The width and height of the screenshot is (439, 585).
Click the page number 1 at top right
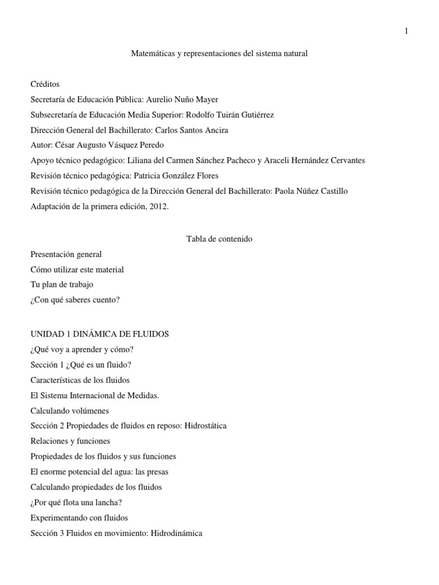[406, 31]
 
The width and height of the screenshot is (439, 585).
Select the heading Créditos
[45, 84]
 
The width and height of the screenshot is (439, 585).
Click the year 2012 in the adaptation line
[158, 207]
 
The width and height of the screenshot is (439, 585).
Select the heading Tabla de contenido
[219, 239]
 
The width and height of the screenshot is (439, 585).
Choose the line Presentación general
[66, 254]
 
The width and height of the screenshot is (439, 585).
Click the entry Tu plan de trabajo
[62, 285]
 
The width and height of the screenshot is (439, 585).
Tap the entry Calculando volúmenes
[69, 410]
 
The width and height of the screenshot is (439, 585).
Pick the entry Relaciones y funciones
[70, 441]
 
